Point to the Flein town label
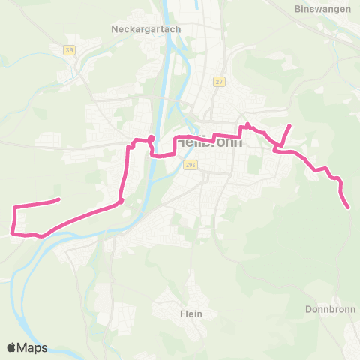tap(191, 313)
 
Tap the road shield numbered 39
tap(69, 50)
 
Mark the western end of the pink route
tap(58, 199)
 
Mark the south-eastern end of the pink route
tap(349, 207)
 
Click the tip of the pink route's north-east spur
tap(290, 125)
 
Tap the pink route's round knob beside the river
tap(151, 138)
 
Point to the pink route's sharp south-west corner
tap(15, 232)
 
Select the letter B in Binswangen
tap(299, 10)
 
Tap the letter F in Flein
tap(182, 313)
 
